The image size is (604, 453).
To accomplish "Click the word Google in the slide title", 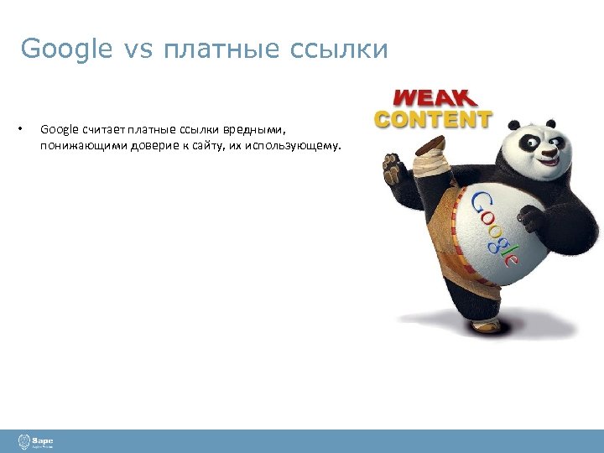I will [x=66, y=49].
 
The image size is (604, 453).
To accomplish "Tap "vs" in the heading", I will [x=138, y=49].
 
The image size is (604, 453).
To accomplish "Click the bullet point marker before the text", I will [x=18, y=129].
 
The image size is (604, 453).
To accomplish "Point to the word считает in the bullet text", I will [x=102, y=129].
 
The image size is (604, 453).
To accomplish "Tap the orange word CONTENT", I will [x=434, y=119].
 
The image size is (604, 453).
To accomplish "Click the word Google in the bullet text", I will [x=59, y=129].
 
